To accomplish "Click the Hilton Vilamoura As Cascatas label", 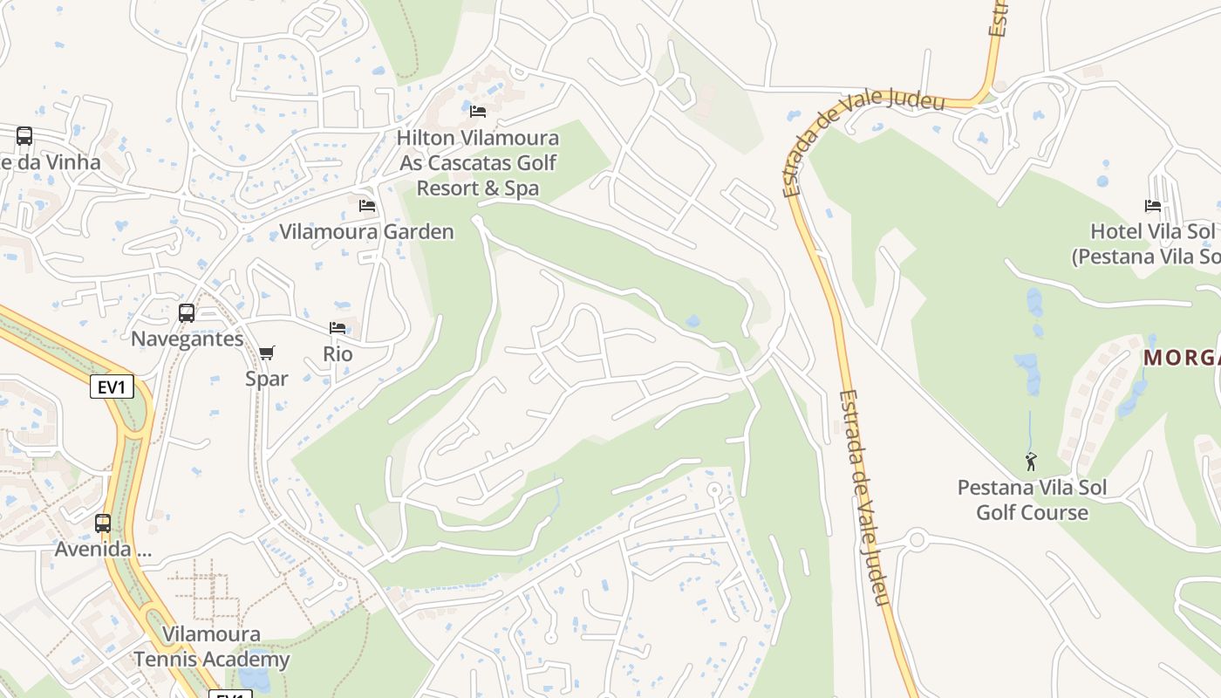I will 478,163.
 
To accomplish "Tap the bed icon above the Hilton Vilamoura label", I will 478,111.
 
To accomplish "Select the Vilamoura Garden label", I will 366,232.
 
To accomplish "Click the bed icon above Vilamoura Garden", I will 367,206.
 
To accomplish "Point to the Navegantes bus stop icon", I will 187,313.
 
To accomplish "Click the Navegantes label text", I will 187,339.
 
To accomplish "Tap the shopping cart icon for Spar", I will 267,352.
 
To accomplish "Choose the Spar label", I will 267,379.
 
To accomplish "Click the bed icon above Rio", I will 338,328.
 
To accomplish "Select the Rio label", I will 338,353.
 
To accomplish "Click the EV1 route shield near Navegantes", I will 113,387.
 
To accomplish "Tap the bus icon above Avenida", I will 103,523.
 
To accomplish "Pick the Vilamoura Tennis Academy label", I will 211,647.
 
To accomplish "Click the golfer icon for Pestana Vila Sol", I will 1032,462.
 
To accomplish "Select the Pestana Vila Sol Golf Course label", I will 1032,499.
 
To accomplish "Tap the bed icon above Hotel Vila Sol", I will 1153,206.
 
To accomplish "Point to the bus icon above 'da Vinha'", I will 24,136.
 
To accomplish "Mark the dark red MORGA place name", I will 1182,358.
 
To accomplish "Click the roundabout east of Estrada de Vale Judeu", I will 916,539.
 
